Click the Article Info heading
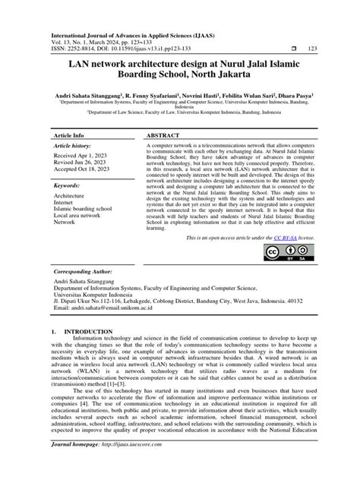pos(72,134)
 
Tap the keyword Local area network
pos(84,216)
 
